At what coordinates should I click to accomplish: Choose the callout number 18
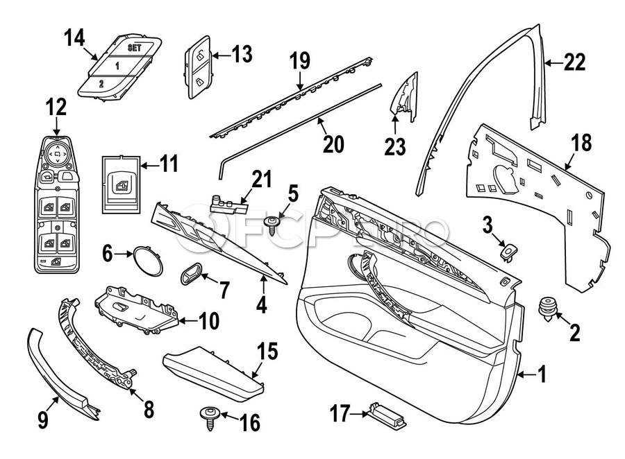click(x=581, y=144)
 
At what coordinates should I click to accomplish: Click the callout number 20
click(x=333, y=144)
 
